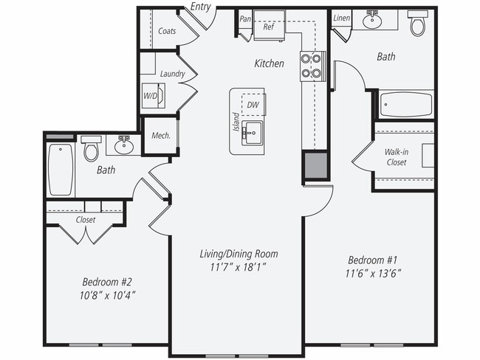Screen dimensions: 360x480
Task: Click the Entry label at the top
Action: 199,7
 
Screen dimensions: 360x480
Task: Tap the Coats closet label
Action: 167,31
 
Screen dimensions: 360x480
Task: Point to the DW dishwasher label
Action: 253,105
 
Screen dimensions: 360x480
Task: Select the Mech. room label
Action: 161,136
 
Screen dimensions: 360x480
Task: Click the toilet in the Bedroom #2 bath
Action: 92,150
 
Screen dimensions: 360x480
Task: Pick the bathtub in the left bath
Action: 61,169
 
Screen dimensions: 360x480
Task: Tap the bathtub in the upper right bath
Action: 405,105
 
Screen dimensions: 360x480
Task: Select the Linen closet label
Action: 341,18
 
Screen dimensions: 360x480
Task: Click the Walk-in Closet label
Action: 397,157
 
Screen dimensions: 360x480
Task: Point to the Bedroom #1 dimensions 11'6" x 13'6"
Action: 374,273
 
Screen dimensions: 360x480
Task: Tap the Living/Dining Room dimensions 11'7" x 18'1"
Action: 239,267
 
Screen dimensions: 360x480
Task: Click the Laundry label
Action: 172,74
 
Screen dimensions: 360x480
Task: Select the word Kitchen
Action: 269,64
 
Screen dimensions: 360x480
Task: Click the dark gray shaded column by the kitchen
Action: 314,166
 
